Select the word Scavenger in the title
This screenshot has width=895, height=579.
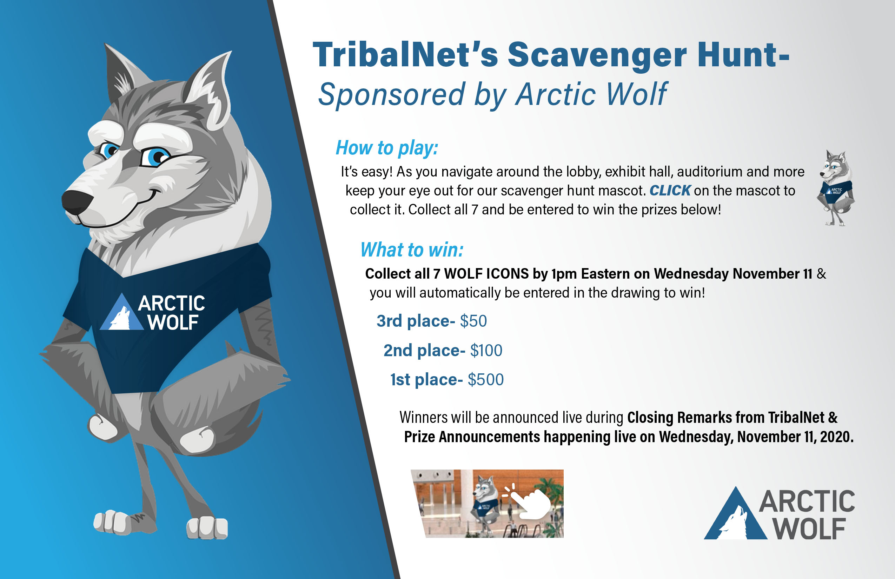coord(597,56)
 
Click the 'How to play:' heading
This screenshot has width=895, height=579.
coord(387,147)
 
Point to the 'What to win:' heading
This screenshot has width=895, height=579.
coord(412,249)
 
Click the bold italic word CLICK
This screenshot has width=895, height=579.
coord(670,191)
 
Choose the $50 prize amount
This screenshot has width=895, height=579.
coord(473,321)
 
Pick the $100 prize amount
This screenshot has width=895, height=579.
coord(486,351)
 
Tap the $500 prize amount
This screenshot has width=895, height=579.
coord(485,380)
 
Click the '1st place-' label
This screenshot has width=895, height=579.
coord(426,380)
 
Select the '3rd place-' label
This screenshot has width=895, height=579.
coord(416,321)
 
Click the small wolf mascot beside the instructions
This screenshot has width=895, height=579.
coord(836,188)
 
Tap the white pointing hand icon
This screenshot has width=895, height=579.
coord(530,502)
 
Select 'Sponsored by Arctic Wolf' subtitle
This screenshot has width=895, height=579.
coord(493,94)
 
